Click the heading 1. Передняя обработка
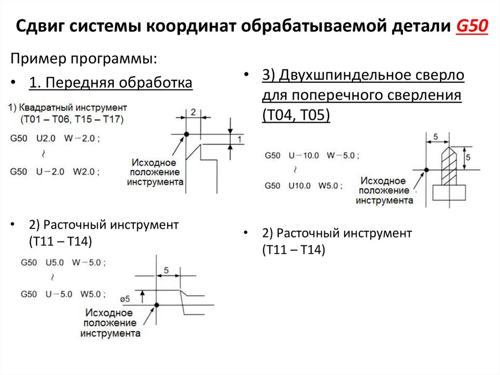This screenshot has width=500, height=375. coord(111,83)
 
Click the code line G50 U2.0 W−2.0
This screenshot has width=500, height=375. coord(55,138)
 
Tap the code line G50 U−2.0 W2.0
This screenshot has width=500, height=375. coord(55,172)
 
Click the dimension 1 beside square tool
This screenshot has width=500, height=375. coord(239,140)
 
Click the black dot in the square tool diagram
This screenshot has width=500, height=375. coord(186,134)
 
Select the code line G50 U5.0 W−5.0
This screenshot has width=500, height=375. coord(63,262)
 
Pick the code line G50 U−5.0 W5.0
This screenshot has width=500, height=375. coord(63,294)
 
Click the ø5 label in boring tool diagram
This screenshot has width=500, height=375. coord(125,299)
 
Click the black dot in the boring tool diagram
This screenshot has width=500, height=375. coord(157,306)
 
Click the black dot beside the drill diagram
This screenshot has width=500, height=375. coord(426,170)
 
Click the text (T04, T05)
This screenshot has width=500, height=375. coord(296,115)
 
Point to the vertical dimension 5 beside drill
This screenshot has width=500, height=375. coord(468,157)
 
